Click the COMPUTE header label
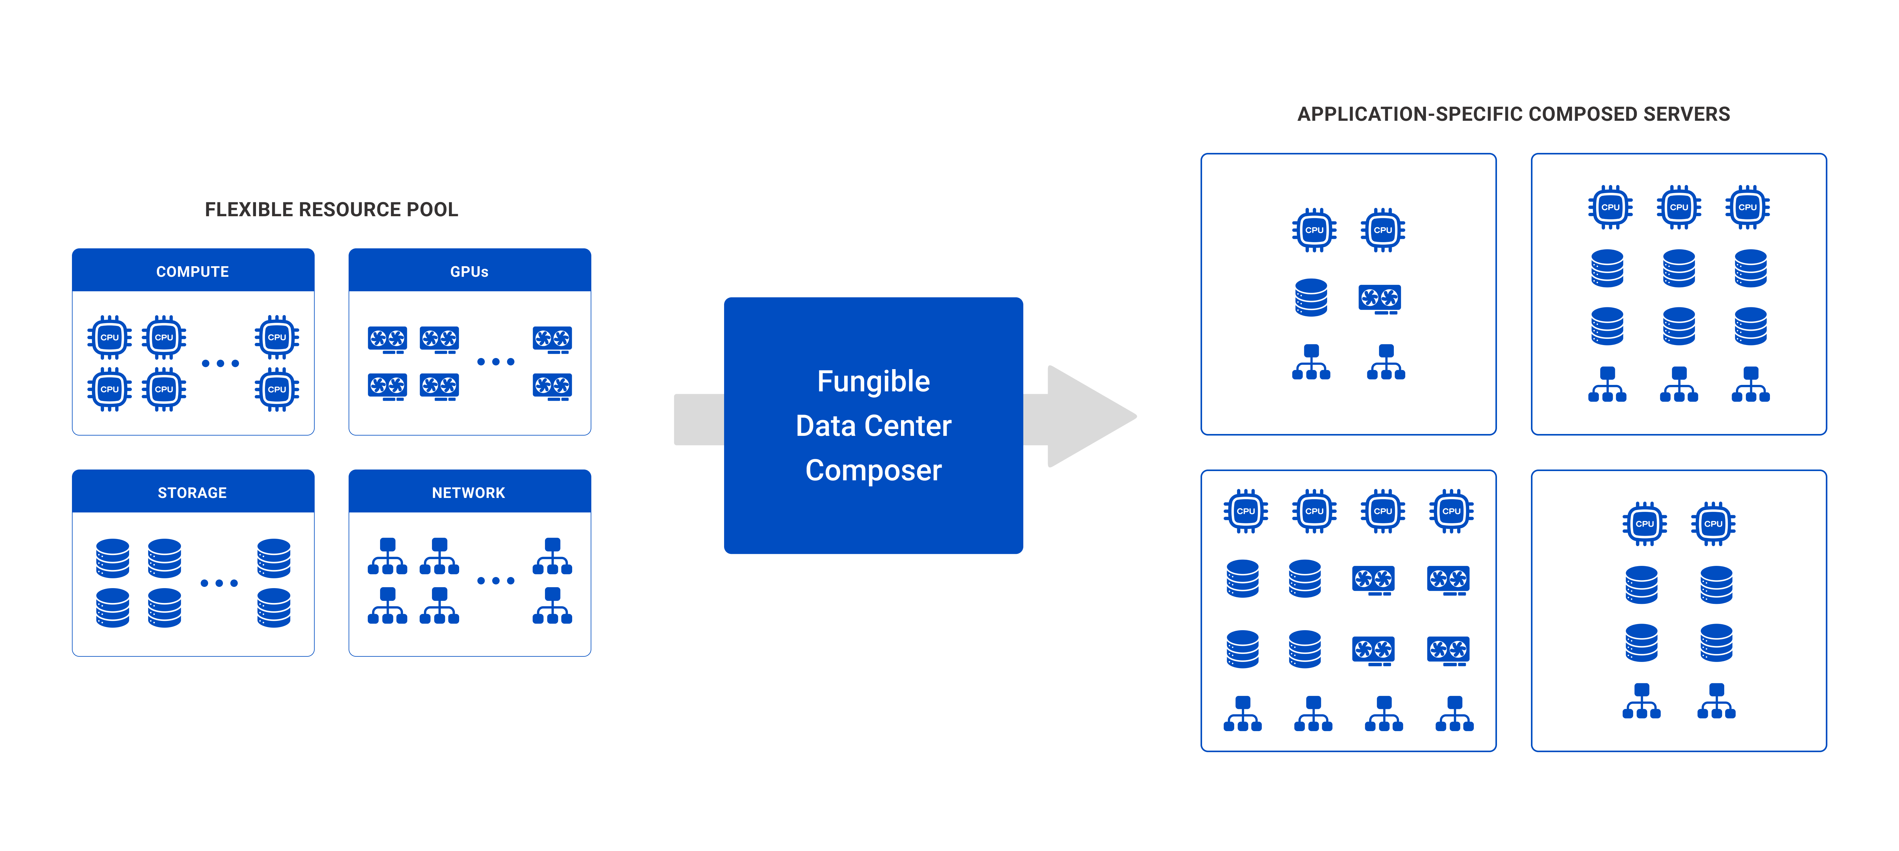(x=192, y=272)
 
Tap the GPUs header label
(x=469, y=272)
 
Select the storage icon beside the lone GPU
(x=1311, y=297)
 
